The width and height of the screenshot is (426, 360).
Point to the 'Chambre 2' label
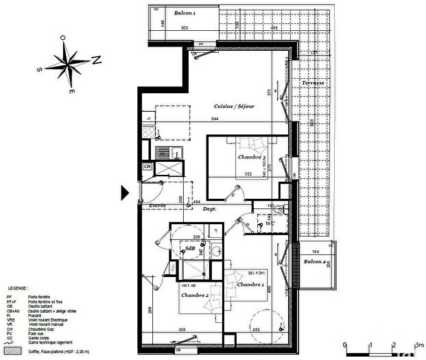tap(195, 295)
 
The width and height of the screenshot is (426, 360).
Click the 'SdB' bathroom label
tap(190, 248)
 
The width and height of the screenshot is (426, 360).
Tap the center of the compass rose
tap(69, 63)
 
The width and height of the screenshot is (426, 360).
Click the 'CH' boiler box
tap(147, 166)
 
